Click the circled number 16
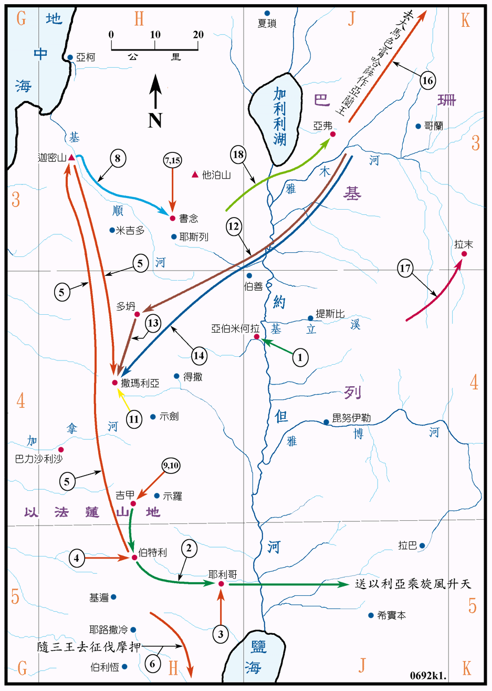(428, 80)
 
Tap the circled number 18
(238, 154)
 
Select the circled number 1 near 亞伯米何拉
(300, 358)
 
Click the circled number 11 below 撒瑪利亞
(134, 419)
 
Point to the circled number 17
(405, 269)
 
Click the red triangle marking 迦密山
(71, 158)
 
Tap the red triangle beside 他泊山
(195, 174)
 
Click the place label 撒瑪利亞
(140, 383)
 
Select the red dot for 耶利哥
(221, 584)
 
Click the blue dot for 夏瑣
(267, 13)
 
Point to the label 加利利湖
(279, 117)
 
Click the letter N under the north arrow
(155, 120)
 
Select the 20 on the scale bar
(198, 35)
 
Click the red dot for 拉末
(464, 254)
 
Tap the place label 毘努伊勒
(351, 418)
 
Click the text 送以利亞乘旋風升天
(413, 584)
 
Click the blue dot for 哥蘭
(418, 126)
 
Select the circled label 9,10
(171, 465)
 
